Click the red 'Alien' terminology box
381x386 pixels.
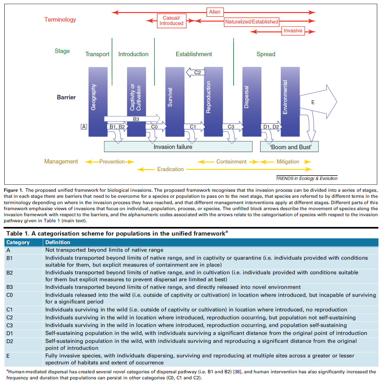click(215, 12)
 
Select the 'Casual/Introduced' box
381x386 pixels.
click(171, 21)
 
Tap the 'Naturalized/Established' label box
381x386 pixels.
click(252, 22)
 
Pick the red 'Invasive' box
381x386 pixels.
click(293, 31)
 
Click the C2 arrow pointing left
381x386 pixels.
click(196, 72)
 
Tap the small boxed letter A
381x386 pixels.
click(84, 127)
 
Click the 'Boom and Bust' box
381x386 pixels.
click(289, 147)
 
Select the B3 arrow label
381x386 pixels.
click(136, 119)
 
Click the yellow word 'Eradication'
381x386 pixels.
click(171, 170)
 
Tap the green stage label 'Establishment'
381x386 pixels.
click(194, 54)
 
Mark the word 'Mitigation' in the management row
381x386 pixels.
click(288, 162)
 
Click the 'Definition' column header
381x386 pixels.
click(58, 243)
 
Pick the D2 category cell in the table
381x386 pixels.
click(10, 342)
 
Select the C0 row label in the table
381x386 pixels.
click(10, 295)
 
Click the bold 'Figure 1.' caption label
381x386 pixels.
click(13, 190)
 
